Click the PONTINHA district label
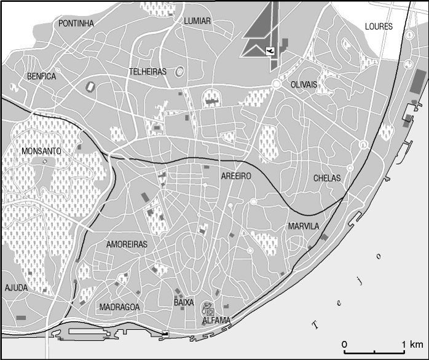(x=76, y=23)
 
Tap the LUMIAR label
(x=197, y=21)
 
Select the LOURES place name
(x=378, y=26)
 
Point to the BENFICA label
(x=41, y=77)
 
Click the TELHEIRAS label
(x=148, y=72)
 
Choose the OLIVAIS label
(x=304, y=85)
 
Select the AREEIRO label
(x=237, y=176)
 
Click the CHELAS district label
(x=327, y=178)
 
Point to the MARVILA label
(x=304, y=227)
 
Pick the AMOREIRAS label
(x=127, y=245)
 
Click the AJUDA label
(x=16, y=288)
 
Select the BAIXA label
(x=184, y=303)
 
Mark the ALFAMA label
(x=216, y=321)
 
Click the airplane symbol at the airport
(x=270, y=50)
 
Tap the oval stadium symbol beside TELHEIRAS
(x=179, y=72)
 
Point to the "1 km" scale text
(x=412, y=343)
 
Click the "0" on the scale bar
(x=345, y=343)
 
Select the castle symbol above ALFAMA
(x=209, y=309)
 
